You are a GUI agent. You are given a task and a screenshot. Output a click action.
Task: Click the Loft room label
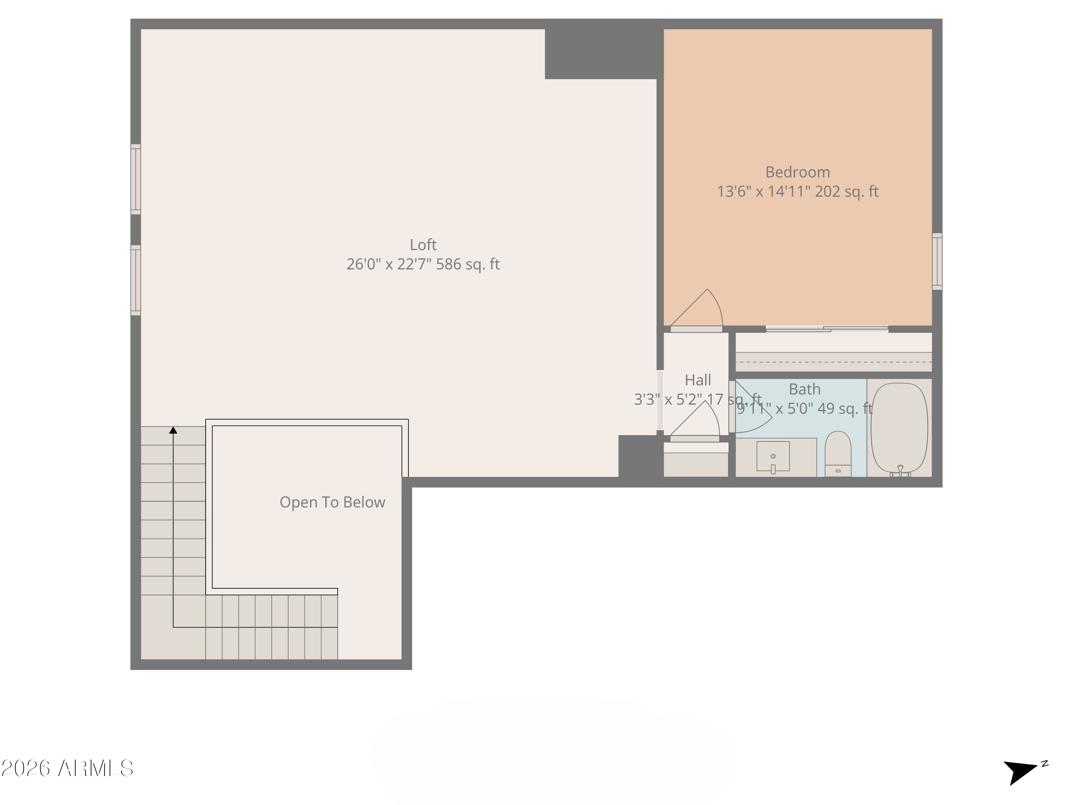coord(423,245)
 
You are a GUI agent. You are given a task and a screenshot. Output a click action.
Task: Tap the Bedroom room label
coord(798,172)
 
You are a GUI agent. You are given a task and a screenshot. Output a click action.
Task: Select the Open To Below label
coord(332,502)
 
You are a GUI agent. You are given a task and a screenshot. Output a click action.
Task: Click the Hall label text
coord(697,380)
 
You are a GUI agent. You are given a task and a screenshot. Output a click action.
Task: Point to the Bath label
coord(804,389)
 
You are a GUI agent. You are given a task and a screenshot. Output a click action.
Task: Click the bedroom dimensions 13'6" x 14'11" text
coord(798,192)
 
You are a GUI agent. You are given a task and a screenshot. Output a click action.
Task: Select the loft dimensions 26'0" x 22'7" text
coord(423,264)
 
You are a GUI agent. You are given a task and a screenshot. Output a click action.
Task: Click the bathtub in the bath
coord(899,427)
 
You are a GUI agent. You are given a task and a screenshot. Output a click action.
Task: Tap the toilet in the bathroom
coord(838,454)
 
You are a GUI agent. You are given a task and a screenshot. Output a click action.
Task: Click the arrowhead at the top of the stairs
coord(173,430)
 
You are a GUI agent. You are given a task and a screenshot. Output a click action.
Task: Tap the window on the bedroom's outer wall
coord(937,262)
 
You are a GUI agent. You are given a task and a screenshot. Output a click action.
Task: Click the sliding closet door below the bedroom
coord(827,329)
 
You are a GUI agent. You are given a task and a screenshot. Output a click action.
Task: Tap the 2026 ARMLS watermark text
coord(68,769)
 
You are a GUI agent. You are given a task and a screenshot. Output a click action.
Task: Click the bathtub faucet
coord(900,470)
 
